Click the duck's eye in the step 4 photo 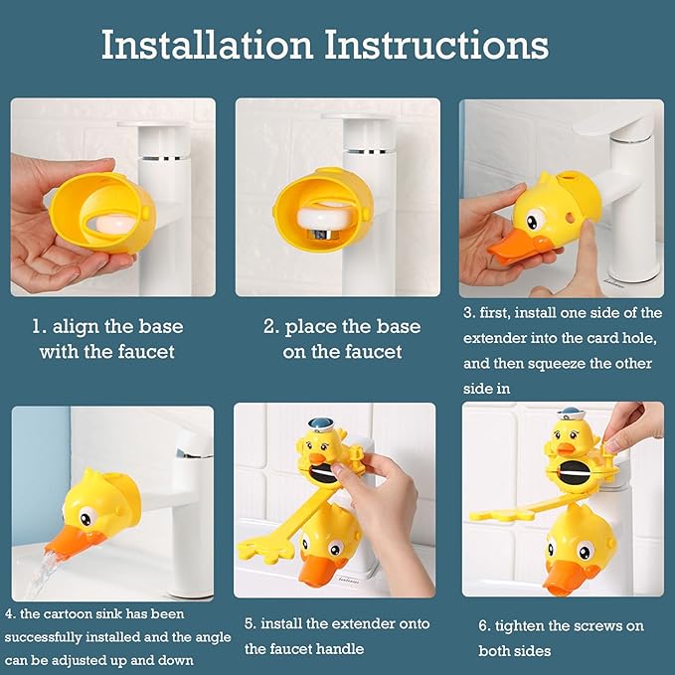pos(86,517)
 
